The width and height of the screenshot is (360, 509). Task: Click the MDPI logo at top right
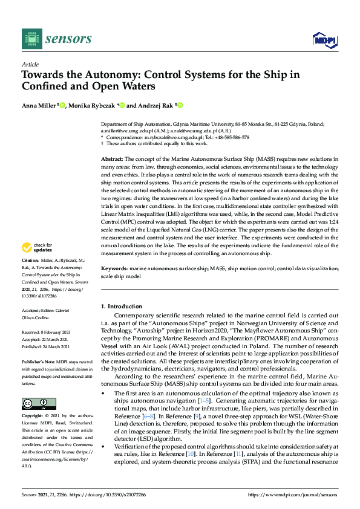click(x=324, y=40)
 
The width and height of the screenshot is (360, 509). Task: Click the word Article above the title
click(x=30, y=64)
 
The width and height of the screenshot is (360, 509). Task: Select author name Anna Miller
click(x=39, y=105)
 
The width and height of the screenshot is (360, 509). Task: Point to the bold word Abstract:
click(x=113, y=157)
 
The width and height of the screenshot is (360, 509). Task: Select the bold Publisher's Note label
click(x=38, y=360)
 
